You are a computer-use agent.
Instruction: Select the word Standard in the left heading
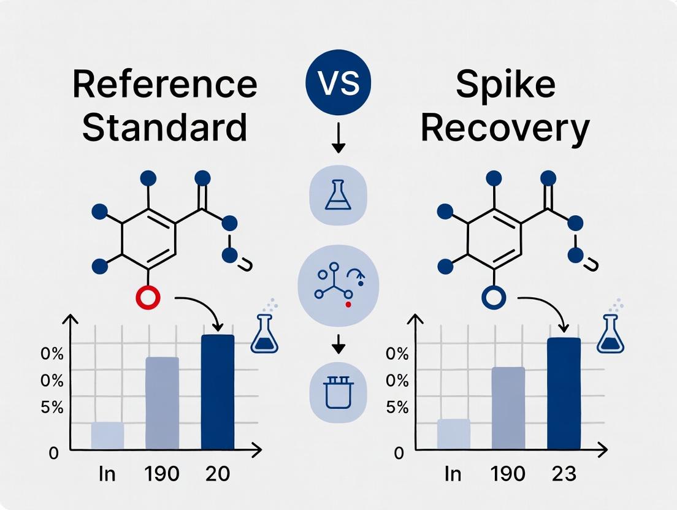pos(164,128)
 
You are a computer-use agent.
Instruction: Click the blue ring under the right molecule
pos(494,299)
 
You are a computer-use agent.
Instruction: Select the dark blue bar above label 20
pos(218,392)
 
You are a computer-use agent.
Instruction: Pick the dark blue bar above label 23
pos(564,394)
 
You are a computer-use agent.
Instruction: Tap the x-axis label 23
pos(564,474)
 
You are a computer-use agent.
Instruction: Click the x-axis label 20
pos(218,474)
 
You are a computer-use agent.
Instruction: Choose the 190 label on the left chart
pos(163,474)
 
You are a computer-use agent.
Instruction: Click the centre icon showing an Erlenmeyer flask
pos(338,195)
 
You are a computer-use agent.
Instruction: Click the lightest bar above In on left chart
pos(107,436)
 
